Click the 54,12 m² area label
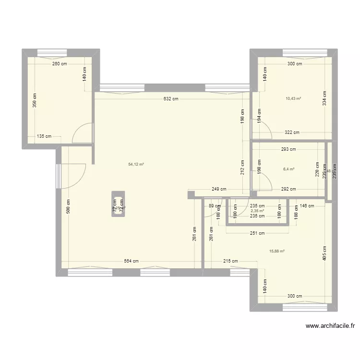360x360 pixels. pos(136,164)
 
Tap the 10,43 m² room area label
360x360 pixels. pos(293,99)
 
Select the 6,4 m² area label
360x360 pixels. pos(288,169)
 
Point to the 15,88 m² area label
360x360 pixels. pos(277,251)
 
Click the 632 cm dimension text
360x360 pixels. pos(171,99)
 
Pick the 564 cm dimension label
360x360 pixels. pos(132,261)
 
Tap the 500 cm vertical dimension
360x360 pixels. pos(69,206)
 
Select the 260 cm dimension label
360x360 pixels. pos(60,64)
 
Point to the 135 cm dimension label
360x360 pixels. pos(44,136)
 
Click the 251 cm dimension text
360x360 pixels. pos(258,234)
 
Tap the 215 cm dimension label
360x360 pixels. pos(230,261)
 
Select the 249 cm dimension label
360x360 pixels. pos(218,189)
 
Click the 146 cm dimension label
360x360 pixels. pos(307,206)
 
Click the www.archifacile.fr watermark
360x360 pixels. pos(331,326)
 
